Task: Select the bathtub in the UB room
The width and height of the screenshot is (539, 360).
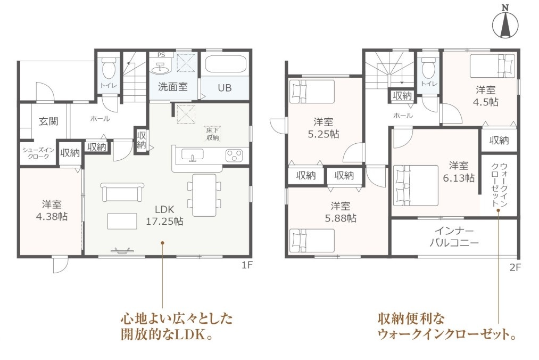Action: (225, 64)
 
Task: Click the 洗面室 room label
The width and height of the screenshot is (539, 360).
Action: (173, 87)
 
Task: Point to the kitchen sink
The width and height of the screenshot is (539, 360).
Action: (193, 155)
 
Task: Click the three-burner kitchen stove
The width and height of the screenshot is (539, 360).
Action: (234, 155)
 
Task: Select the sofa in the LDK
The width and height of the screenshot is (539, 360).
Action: (122, 192)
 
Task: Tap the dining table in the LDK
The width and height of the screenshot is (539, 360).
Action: (204, 195)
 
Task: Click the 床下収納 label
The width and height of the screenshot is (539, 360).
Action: (212, 134)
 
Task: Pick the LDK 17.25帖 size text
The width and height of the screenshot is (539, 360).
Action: (164, 221)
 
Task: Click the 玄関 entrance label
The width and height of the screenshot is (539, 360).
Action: (48, 121)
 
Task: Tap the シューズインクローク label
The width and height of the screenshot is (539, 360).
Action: (38, 153)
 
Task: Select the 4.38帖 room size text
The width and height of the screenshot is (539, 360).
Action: (52, 217)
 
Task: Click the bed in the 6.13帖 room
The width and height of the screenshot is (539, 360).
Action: (416, 185)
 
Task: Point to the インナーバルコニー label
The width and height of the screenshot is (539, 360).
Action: (454, 237)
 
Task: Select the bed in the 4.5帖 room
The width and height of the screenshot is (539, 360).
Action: (493, 66)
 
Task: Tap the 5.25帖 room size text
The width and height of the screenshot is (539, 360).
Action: (324, 134)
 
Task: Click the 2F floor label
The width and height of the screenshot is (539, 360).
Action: (515, 267)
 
